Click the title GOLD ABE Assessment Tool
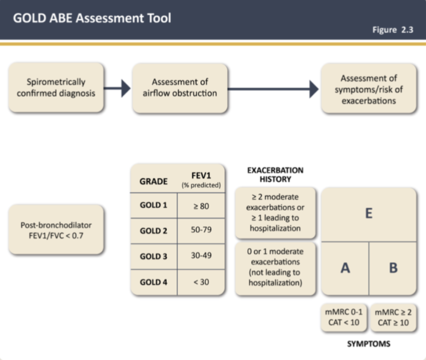(92, 19)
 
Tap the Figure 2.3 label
(392, 30)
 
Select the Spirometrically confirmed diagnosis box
(56, 87)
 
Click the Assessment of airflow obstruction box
(180, 87)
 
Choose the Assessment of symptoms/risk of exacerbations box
(369, 89)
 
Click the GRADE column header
(153, 182)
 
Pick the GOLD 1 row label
(153, 206)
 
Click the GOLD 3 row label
(153, 256)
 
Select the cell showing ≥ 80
(201, 206)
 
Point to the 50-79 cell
(201, 231)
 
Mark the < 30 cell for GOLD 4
(201, 282)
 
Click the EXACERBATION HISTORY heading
(275, 174)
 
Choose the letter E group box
(369, 214)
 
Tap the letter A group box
(345, 268)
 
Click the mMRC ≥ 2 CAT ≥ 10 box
(393, 318)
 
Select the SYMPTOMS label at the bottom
(369, 344)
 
